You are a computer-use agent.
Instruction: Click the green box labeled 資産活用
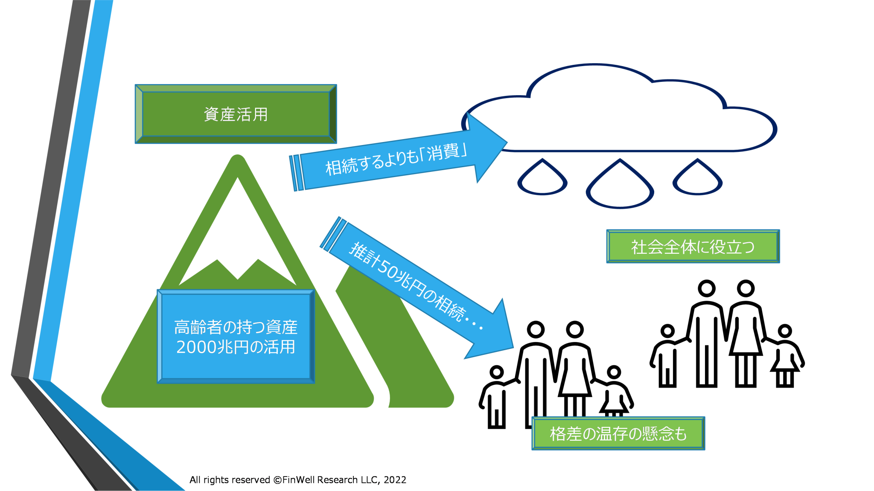click(236, 114)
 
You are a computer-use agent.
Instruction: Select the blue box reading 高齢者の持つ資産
click(236, 337)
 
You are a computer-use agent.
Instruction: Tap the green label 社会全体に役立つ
click(693, 247)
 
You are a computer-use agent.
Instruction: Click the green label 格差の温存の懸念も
click(618, 433)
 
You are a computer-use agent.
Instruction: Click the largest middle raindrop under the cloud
click(620, 184)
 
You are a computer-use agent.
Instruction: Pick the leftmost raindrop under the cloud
click(542, 177)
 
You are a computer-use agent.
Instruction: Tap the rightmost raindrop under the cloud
click(697, 177)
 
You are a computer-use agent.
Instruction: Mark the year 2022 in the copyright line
click(395, 480)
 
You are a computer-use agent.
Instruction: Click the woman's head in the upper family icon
click(746, 288)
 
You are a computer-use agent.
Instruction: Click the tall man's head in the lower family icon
click(536, 329)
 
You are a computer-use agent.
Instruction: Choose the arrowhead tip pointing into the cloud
click(507, 142)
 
